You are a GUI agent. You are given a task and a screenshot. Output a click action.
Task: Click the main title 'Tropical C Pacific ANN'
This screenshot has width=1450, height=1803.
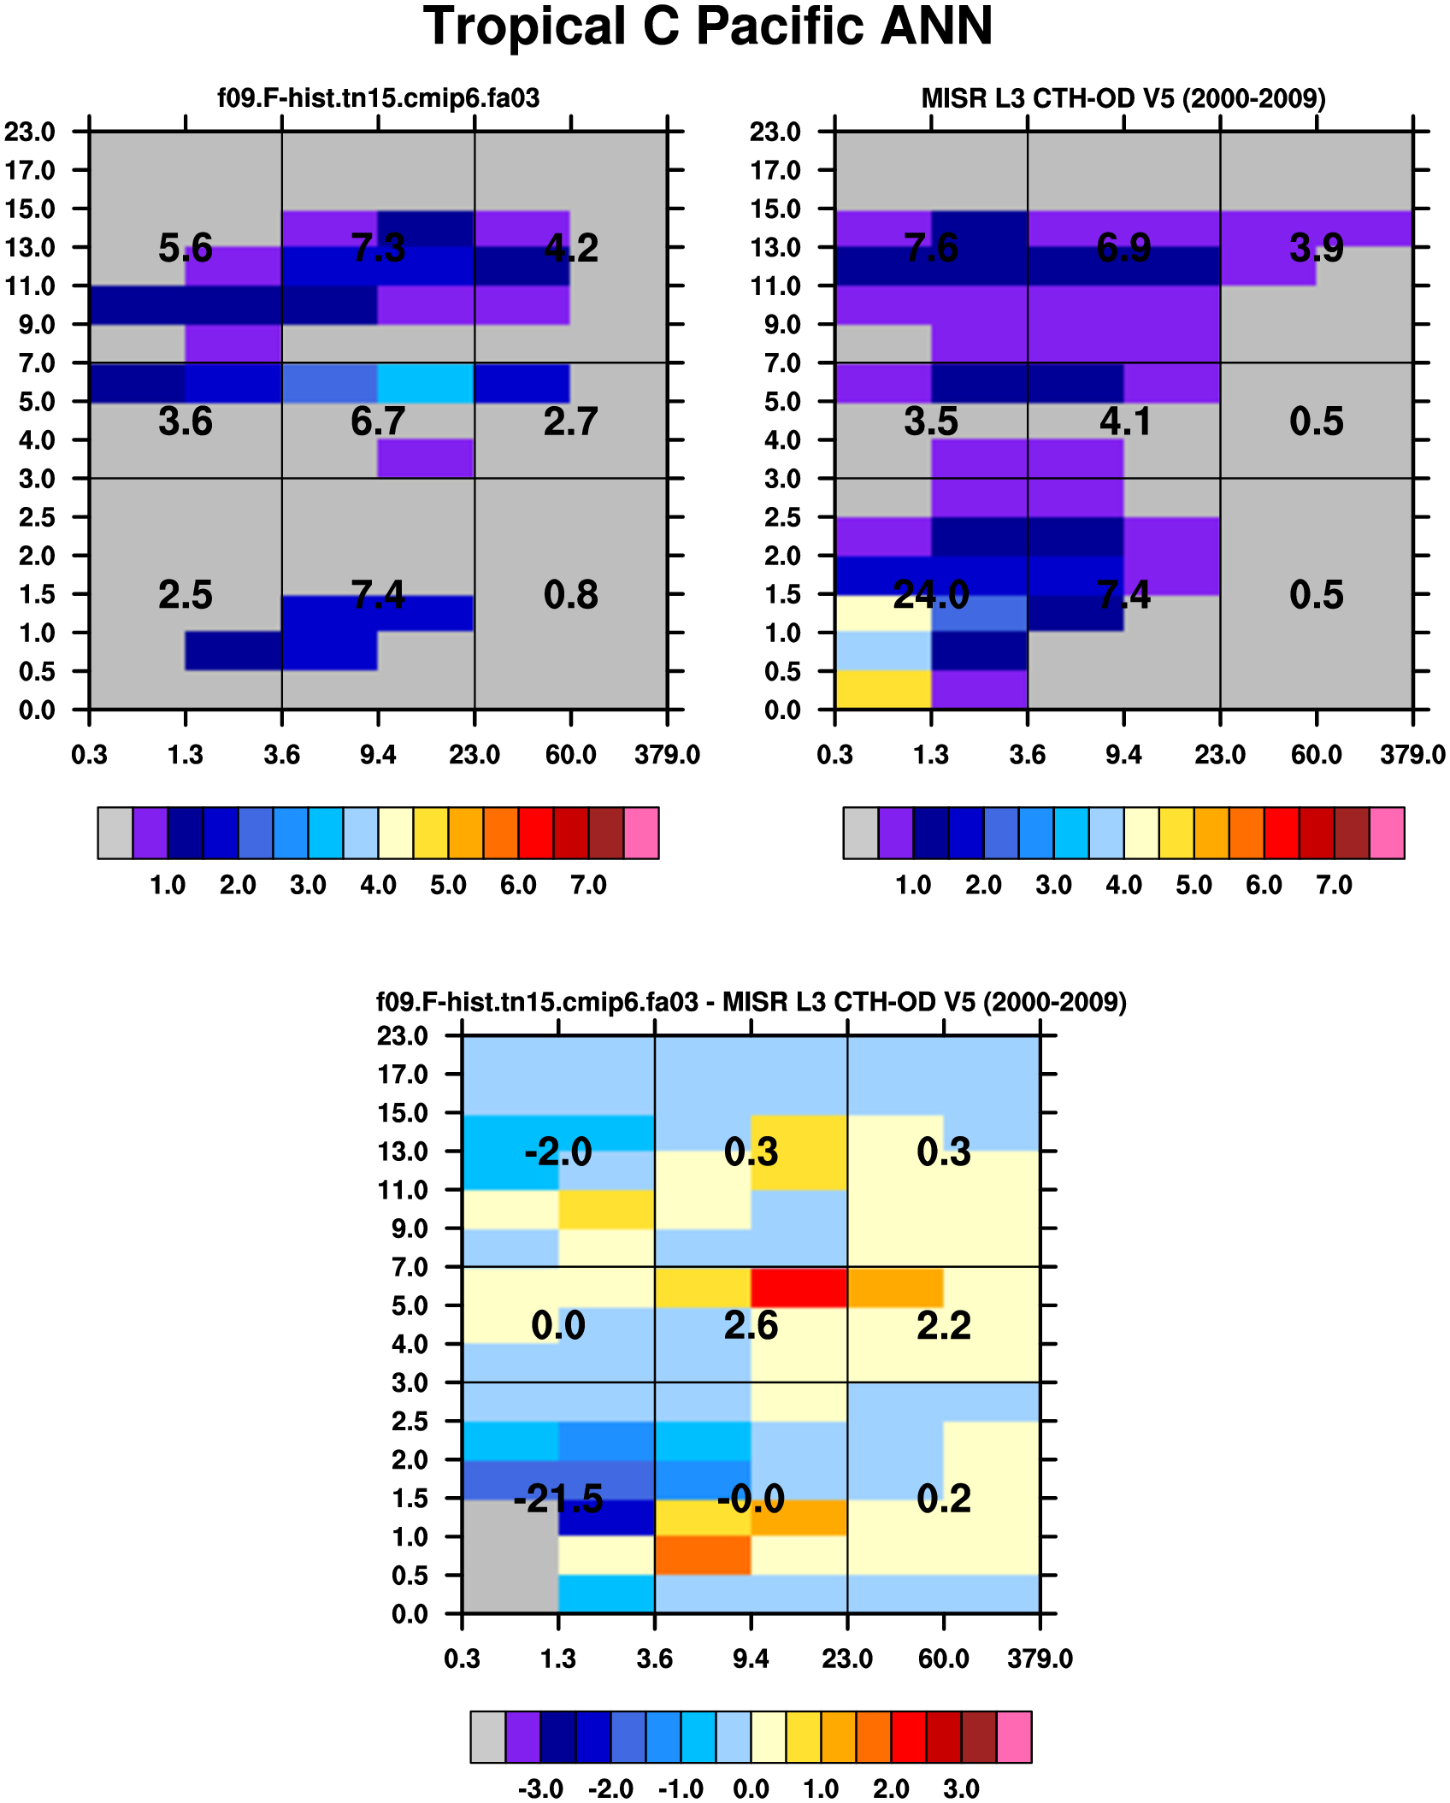(708, 27)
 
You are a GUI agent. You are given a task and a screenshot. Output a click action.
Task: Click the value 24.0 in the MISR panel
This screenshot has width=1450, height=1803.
(931, 594)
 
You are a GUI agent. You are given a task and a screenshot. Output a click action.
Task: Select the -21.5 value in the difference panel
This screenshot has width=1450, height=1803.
(558, 1498)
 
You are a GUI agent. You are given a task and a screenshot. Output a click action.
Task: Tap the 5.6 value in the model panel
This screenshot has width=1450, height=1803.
(186, 248)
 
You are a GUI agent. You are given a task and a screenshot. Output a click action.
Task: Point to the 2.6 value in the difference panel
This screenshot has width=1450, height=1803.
(751, 1325)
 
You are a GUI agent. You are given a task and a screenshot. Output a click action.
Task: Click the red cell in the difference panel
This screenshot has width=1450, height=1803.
(799, 1287)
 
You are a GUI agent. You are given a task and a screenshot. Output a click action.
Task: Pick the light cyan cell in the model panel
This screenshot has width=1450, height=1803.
(426, 382)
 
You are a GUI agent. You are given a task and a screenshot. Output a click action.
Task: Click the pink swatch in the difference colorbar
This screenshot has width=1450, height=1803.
(1014, 1736)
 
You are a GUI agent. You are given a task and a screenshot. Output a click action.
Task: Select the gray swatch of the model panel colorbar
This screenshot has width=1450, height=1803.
(115, 832)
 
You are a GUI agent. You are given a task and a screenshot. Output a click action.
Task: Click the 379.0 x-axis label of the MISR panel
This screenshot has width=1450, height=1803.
(1412, 755)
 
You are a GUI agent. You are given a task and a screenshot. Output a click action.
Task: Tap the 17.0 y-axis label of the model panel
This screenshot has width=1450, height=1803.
(31, 170)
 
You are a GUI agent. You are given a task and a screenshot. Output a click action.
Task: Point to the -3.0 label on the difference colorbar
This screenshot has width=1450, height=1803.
(540, 1788)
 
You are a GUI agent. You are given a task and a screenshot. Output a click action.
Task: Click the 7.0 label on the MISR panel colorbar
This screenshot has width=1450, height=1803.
(1335, 885)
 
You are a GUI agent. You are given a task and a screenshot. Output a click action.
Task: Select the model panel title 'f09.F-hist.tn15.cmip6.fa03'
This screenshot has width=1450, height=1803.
(379, 98)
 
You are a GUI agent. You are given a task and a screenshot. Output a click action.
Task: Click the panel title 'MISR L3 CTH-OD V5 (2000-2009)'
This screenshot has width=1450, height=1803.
(1123, 98)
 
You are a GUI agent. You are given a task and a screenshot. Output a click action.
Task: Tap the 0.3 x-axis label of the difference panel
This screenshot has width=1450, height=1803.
(463, 1659)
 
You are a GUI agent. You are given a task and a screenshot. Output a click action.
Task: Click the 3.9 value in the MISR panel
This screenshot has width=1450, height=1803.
(1317, 248)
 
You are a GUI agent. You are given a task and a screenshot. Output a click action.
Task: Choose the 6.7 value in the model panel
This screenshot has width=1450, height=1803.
(378, 421)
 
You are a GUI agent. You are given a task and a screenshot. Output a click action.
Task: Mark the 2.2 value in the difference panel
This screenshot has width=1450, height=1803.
(944, 1325)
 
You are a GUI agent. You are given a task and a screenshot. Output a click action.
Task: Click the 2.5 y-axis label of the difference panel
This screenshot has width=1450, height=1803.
(410, 1421)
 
